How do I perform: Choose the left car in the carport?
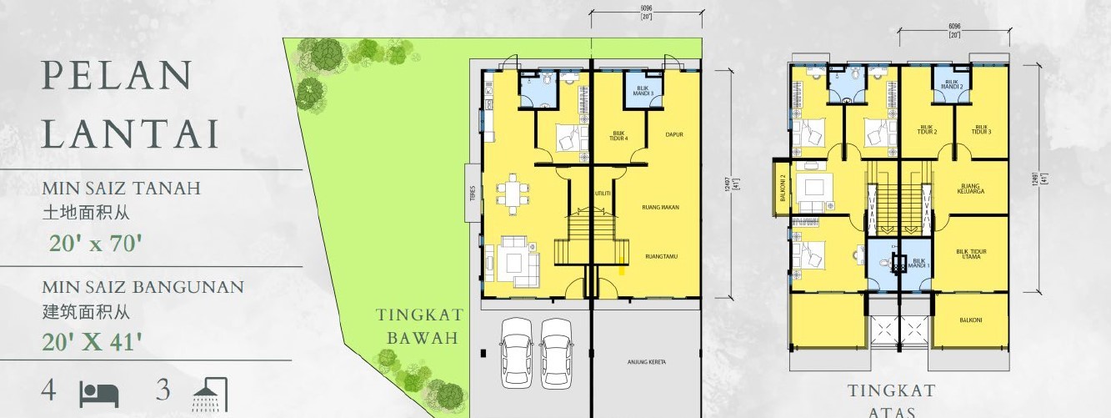[x=516, y=353]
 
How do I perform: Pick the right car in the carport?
[x=556, y=353]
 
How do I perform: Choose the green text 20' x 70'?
[x=95, y=244]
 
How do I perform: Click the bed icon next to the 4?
[x=99, y=393]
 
